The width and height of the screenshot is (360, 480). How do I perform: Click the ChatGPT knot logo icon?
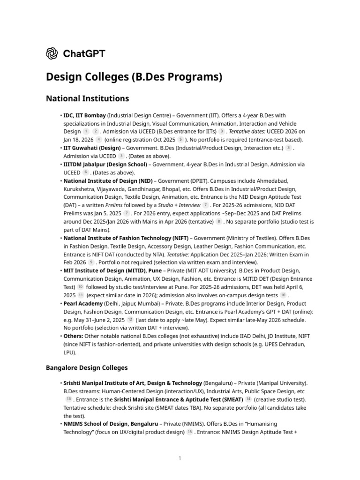(52, 53)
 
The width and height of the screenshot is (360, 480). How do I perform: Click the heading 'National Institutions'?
(87, 98)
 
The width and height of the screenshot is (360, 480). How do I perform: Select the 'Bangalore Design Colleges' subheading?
(87, 367)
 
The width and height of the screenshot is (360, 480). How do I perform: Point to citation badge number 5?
(180, 140)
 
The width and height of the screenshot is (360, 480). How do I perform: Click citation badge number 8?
(219, 222)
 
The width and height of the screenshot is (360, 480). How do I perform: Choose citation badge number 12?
(130, 320)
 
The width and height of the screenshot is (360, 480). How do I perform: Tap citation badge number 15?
(190, 432)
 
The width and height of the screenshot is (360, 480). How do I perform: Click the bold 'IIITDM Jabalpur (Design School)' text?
(106, 165)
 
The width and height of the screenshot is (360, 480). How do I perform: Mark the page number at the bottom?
(180, 458)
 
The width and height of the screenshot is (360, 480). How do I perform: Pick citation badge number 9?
(91, 262)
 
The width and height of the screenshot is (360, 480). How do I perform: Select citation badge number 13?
(69, 399)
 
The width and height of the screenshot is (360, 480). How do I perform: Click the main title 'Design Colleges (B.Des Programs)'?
(134, 76)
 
